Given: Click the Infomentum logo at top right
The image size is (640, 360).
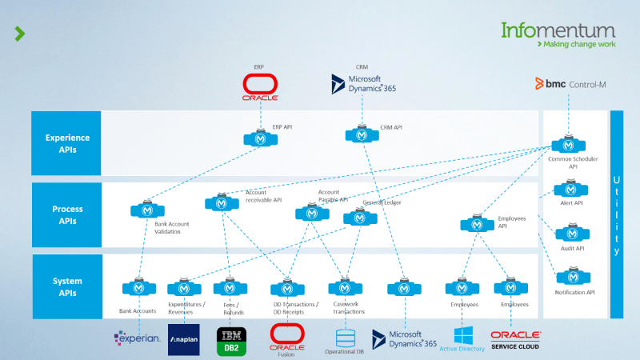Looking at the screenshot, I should click(x=558, y=34).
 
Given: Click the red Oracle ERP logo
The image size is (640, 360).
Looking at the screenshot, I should click(x=260, y=86).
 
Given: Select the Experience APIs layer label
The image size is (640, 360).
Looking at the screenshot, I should click(x=66, y=142).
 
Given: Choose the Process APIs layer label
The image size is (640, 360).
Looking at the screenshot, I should click(x=66, y=214).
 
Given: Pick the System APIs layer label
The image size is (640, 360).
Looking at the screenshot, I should click(x=66, y=286).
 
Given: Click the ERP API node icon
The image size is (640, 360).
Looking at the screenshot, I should click(x=260, y=138).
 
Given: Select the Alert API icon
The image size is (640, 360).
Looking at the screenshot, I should click(x=571, y=190).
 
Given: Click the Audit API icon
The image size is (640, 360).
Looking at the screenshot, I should click(x=571, y=234).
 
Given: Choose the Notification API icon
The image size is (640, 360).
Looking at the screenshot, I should click(x=572, y=277).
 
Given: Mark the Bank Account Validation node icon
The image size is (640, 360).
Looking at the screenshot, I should click(x=147, y=210).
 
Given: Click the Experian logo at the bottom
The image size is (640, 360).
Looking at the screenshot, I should click(x=137, y=339).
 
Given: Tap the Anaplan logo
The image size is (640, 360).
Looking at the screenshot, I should click(x=183, y=339).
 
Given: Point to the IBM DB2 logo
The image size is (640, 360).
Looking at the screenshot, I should click(x=231, y=340).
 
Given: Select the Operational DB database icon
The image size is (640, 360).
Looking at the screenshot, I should click(x=346, y=336).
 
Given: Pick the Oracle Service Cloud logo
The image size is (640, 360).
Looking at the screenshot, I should click(x=515, y=339).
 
